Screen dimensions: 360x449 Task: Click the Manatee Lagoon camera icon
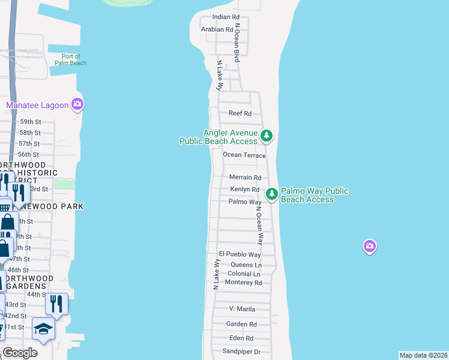pos(77,105)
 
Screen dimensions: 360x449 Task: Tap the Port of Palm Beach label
pos(71,59)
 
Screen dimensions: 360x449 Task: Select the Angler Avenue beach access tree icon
pos(267,136)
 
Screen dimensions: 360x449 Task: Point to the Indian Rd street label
pos(226,18)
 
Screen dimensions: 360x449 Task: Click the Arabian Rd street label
pos(217,29)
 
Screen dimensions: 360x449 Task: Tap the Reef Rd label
pos(240,113)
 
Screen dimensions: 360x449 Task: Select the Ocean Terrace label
pos(244,155)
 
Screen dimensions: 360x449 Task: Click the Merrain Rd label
pos(246,178)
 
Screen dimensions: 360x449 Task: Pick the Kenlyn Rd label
pos(245,190)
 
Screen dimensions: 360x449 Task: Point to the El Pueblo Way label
pos(240,254)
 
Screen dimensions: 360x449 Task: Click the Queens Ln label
pos(246,265)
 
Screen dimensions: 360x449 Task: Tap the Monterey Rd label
pos(245,283)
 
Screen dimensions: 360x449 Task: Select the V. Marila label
pos(242,309)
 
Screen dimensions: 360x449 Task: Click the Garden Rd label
pos(241,324)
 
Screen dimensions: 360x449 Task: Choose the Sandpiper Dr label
pos(241,352)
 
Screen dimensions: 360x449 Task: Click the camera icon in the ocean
pos(370,246)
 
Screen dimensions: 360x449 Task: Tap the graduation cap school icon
pos(44,329)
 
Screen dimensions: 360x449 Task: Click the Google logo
pos(20,353)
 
